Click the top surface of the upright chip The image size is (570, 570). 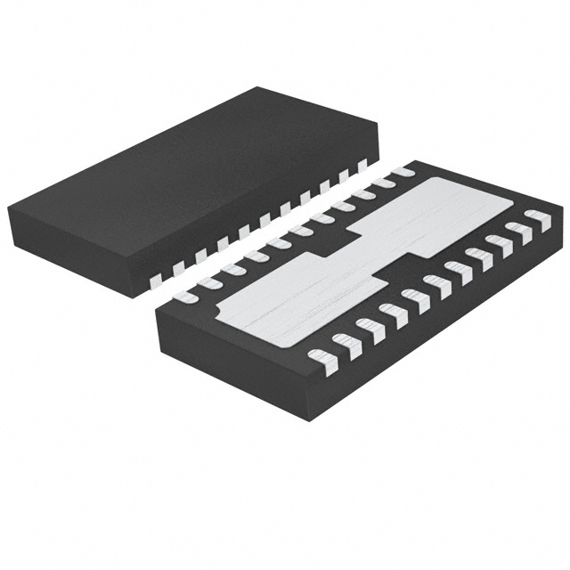(x=191, y=169)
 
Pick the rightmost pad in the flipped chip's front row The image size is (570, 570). (x=538, y=219)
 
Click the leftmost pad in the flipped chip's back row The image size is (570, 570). (x=186, y=295)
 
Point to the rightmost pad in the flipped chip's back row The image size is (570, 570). (x=403, y=169)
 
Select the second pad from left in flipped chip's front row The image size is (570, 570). (x=346, y=345)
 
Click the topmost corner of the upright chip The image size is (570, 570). (x=257, y=87)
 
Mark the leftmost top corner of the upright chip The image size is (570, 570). (x=9, y=208)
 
